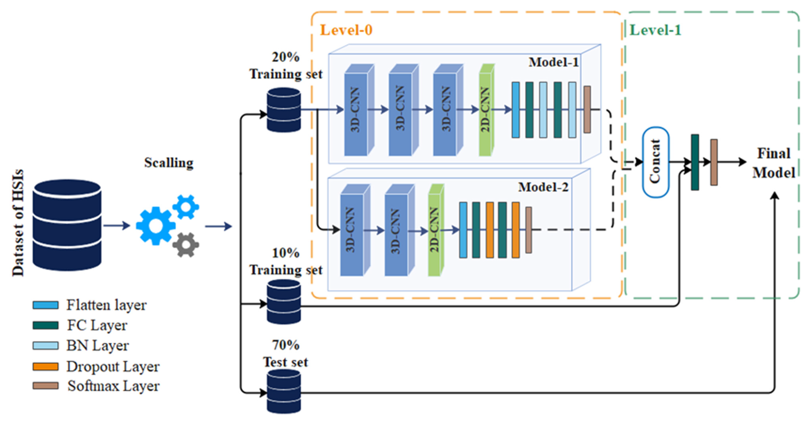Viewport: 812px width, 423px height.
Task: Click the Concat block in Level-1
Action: (656, 162)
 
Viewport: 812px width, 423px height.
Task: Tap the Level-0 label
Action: (346, 30)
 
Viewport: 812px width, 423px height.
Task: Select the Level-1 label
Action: (655, 30)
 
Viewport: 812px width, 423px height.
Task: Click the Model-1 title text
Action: (553, 62)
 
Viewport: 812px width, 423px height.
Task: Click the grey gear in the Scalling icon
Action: (186, 245)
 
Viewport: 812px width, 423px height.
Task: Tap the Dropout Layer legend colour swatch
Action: (45, 366)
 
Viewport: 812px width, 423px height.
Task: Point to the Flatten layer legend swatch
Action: (45, 305)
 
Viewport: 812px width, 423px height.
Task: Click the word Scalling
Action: (169, 163)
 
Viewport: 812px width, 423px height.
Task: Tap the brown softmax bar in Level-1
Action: (714, 162)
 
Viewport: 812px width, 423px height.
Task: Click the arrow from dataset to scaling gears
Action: (117, 225)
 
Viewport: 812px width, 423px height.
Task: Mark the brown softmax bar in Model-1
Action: (587, 109)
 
